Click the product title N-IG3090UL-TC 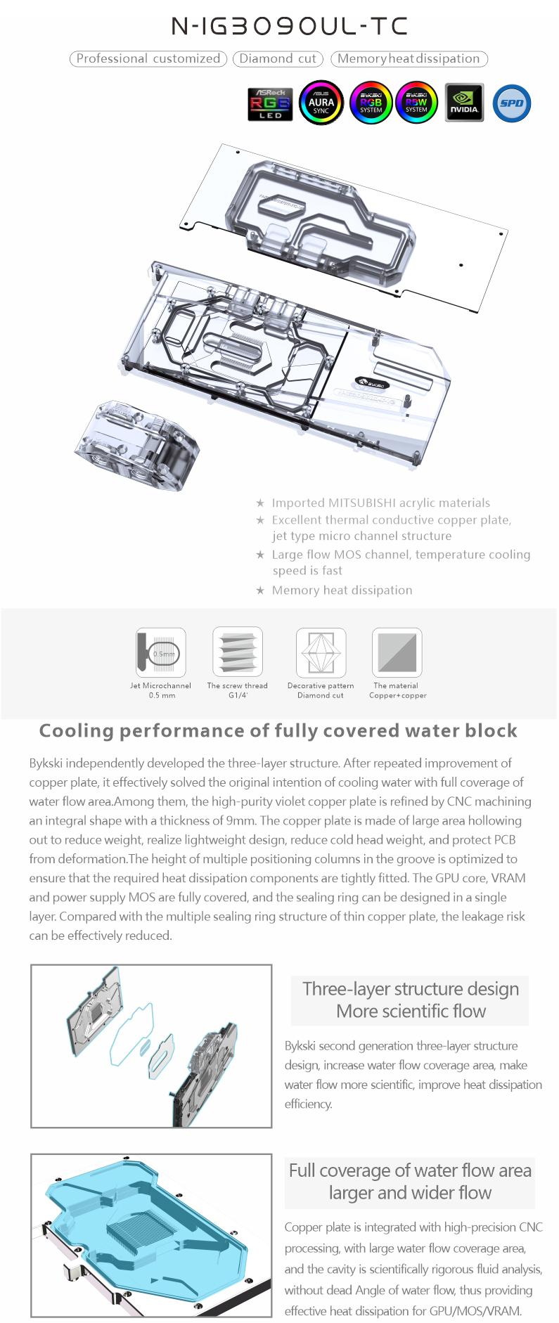click(289, 27)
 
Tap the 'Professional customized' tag click(148, 59)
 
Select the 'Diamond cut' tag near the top click(278, 59)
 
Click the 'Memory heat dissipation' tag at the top click(409, 59)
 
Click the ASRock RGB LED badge click(270, 103)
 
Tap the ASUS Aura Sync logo click(321, 103)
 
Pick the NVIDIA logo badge click(464, 103)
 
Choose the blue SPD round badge click(511, 103)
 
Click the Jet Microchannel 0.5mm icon click(161, 652)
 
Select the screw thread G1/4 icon click(238, 652)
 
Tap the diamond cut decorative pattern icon click(321, 652)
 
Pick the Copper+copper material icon click(397, 652)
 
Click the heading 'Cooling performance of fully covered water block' click(278, 731)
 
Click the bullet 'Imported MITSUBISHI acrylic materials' click(380, 503)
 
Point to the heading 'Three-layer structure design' click(411, 988)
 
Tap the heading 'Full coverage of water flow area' click(410, 1170)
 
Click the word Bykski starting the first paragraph click(48, 763)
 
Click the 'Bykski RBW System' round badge click(416, 103)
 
